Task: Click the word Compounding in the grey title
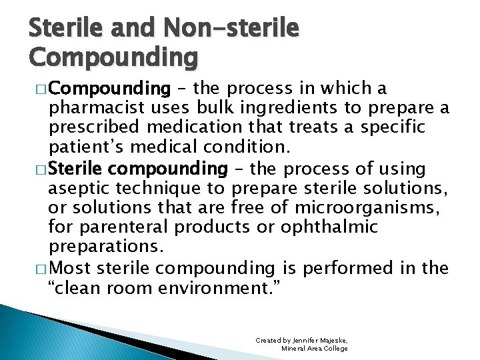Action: click(x=113, y=57)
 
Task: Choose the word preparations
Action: click(x=105, y=246)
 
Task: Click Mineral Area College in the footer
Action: click(x=315, y=349)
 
